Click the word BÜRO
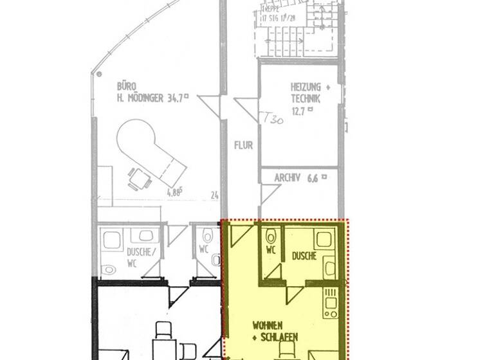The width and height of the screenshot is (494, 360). [126, 85]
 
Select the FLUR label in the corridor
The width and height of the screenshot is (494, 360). [243, 145]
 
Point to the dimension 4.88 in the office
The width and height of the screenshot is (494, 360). [174, 192]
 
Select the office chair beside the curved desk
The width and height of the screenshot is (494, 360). [136, 178]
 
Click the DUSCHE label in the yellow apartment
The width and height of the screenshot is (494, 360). [304, 256]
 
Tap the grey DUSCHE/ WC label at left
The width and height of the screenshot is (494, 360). [139, 256]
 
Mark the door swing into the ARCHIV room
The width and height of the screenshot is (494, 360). [269, 194]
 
